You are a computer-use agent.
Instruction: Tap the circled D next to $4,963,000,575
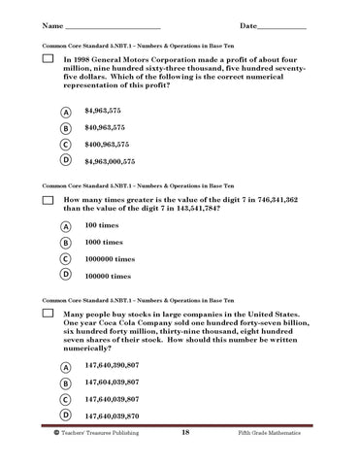(65, 160)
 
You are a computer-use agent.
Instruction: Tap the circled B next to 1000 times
(65, 243)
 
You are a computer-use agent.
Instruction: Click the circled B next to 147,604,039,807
(65, 383)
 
